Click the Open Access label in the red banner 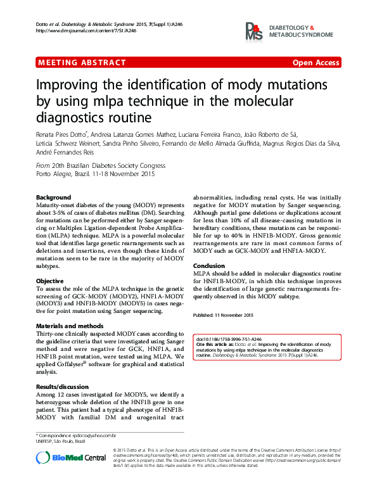point(316,63)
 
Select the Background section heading point(53,198)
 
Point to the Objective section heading point(49,280)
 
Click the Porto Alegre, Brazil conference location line point(95,174)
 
